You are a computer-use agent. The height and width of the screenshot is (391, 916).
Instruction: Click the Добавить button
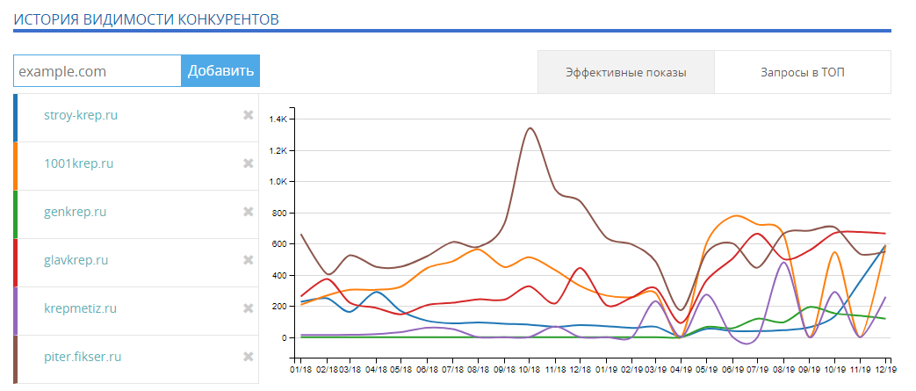pos(220,71)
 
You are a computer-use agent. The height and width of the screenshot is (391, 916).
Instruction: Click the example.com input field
pos(97,71)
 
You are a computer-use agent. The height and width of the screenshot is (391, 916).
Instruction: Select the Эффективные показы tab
pos(625,72)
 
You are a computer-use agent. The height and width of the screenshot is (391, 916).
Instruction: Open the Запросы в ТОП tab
pos(803,72)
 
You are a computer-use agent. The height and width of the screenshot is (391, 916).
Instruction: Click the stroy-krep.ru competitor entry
pos(80,115)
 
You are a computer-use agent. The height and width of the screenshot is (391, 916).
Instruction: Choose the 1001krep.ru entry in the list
pos(78,163)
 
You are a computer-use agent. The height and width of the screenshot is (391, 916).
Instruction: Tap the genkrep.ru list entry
pos(75,212)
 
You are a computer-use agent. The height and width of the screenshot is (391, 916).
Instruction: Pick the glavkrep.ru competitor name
pos(76,260)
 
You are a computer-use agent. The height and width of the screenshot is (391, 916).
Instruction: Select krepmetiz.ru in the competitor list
pos(80,308)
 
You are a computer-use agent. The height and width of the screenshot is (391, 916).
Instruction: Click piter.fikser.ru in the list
pos(82,357)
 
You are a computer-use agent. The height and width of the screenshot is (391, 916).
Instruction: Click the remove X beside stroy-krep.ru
pos(249,115)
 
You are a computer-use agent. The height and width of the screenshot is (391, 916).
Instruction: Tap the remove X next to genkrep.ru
pos(249,212)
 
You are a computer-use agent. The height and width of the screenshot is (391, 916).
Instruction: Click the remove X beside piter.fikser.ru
pos(249,357)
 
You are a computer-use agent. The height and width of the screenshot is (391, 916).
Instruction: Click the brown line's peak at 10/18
pos(530,128)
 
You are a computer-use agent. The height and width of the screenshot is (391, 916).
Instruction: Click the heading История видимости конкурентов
pos(146,18)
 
